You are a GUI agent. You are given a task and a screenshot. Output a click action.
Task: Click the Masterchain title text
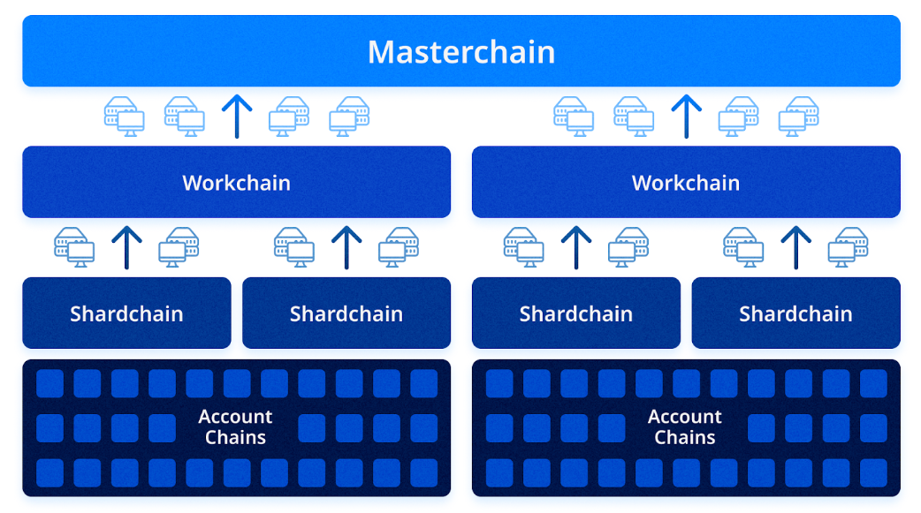click(x=461, y=51)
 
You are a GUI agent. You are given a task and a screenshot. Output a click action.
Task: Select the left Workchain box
click(x=237, y=182)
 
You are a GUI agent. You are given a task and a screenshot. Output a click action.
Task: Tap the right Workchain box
click(x=686, y=182)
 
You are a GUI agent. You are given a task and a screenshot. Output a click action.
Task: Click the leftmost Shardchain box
click(x=127, y=313)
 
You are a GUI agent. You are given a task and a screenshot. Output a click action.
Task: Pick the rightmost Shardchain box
click(x=795, y=313)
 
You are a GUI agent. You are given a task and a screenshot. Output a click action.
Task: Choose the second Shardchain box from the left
click(x=346, y=313)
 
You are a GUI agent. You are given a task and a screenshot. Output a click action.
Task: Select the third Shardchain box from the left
click(x=576, y=313)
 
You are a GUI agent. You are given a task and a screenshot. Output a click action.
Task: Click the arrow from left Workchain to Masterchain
click(x=237, y=117)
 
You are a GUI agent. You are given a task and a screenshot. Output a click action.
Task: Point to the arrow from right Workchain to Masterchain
click(x=687, y=117)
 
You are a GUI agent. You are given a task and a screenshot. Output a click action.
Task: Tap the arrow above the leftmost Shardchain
click(x=127, y=247)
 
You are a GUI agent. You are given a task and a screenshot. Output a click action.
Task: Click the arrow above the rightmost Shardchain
click(x=795, y=247)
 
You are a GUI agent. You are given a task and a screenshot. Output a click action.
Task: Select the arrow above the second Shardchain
click(x=346, y=247)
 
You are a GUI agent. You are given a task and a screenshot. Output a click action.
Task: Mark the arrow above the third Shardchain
click(x=576, y=247)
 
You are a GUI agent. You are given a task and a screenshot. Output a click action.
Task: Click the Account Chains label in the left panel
click(x=235, y=426)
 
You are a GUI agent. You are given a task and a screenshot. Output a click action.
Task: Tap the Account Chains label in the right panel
click(x=685, y=426)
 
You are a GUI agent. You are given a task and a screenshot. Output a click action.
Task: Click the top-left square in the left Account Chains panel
click(x=49, y=384)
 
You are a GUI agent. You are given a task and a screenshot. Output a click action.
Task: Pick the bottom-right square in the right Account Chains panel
click(x=873, y=473)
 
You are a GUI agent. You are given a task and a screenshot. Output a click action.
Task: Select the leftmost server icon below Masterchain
click(x=124, y=117)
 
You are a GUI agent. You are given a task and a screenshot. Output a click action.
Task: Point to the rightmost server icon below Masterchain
click(x=799, y=117)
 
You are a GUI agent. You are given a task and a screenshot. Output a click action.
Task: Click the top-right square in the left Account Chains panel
click(x=424, y=384)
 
